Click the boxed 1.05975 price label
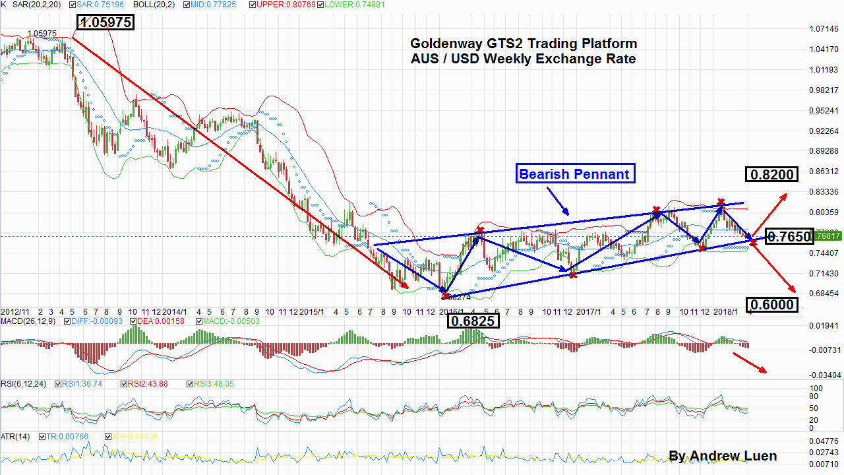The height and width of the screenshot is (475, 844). coord(105,22)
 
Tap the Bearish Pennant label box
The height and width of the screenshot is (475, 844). coord(575,174)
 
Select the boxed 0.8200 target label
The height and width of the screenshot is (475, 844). coord(771,174)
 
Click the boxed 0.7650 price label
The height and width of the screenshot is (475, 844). coord(788,237)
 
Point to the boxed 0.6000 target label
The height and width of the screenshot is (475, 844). coord(771,304)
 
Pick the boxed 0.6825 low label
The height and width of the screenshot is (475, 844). coord(473,321)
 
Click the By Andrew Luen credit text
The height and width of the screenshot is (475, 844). coord(722,456)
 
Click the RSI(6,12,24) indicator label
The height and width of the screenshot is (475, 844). coord(22,383)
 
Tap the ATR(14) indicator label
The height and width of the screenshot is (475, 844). coord(14,437)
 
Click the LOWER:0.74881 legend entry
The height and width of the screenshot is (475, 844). coord(353,4)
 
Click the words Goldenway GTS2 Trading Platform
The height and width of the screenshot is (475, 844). coord(524,44)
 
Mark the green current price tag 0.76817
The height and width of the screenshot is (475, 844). coord(827,236)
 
